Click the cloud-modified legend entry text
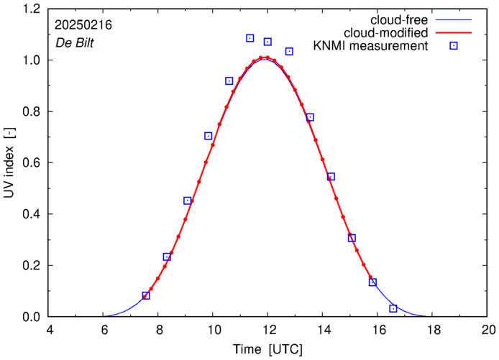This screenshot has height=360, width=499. pyautogui.click(x=387, y=32)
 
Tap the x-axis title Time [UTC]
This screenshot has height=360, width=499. pyautogui.click(x=267, y=349)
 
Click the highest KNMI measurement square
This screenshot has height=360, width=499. pyautogui.click(x=249, y=38)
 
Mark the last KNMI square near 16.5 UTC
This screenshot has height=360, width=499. pyautogui.click(x=393, y=308)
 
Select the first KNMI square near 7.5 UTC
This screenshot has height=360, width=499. pyautogui.click(x=146, y=295)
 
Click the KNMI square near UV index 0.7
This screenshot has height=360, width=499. pyautogui.click(x=209, y=136)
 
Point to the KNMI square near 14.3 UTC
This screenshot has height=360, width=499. pyautogui.click(x=331, y=177)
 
